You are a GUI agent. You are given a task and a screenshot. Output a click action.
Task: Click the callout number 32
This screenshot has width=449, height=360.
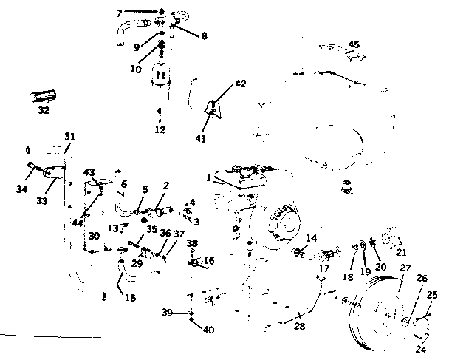pos(44,111)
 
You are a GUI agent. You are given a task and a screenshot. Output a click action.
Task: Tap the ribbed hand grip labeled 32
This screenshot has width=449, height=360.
pos(44,97)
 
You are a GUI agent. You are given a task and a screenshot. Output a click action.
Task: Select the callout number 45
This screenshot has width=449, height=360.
pos(354,44)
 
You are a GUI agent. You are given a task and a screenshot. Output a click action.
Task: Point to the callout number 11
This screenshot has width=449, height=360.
pos(160,75)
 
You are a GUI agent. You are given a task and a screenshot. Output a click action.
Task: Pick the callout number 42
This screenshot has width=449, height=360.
pos(240,84)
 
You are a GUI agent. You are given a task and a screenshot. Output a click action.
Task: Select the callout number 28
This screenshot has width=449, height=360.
pos(300,326)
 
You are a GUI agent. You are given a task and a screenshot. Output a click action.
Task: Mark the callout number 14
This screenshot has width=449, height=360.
pos(312,238)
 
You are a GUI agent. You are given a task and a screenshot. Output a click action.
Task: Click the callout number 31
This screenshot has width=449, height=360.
pos(70,136)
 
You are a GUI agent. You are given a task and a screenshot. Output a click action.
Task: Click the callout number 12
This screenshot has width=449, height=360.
pos(160,130)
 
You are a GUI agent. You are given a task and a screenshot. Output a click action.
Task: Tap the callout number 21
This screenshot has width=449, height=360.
pos(402,251)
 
